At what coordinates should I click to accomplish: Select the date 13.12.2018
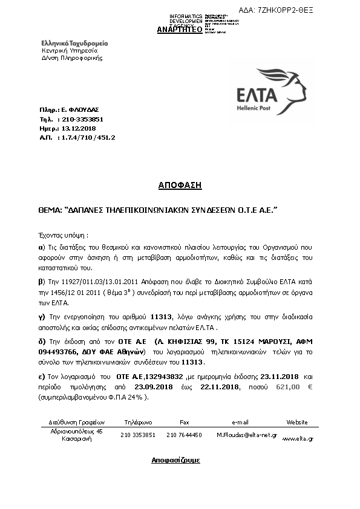pyautogui.click(x=79, y=128)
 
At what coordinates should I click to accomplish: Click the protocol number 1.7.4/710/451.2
pyautogui.click(x=87, y=137)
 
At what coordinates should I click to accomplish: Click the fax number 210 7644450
pyautogui.click(x=184, y=435)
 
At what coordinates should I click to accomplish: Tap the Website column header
pyautogui.click(x=296, y=422)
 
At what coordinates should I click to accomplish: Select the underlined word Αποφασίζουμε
pyautogui.click(x=175, y=460)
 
